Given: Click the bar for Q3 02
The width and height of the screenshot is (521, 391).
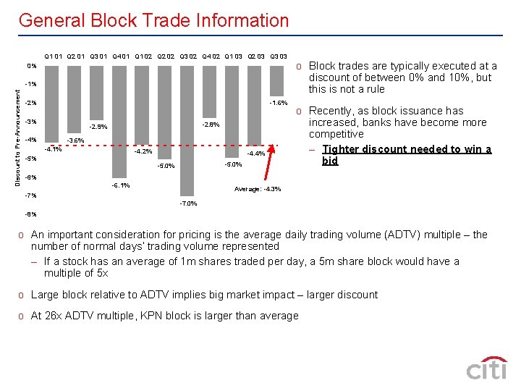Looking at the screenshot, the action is [188, 130].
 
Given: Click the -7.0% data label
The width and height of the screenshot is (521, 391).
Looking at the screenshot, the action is [188, 204].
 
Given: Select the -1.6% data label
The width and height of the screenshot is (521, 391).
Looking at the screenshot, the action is [279, 103].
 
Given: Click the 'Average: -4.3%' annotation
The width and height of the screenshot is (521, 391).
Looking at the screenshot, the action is [258, 190].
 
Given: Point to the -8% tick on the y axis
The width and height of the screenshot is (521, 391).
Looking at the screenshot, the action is [30, 214].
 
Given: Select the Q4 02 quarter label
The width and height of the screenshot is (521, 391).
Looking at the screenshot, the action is [211, 56].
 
